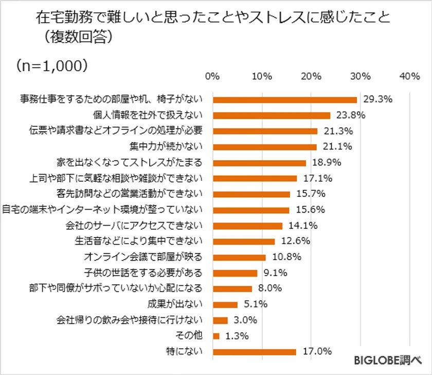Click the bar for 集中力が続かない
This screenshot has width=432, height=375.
click(265, 147)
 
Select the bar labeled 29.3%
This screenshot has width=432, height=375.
click(285, 99)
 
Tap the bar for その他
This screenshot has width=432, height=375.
click(216, 336)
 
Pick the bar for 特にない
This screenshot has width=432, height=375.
click(255, 352)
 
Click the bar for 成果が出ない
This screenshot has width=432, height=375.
click(225, 304)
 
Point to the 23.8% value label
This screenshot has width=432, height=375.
click(349, 115)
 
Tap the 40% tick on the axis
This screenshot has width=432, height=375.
click(409, 76)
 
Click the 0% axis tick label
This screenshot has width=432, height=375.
click(212, 76)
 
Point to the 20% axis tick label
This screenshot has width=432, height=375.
click(311, 76)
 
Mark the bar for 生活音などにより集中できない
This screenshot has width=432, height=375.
click(244, 242)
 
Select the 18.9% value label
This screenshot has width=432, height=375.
click(325, 163)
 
